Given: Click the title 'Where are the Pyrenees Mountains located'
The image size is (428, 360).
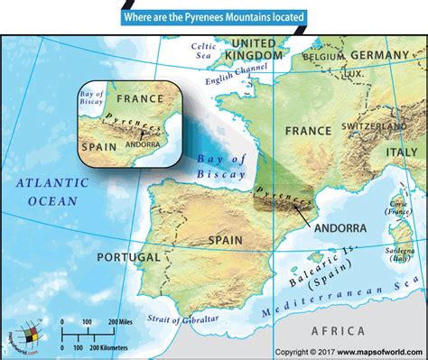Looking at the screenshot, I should [214, 16].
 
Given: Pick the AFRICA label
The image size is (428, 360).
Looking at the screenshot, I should [336, 331].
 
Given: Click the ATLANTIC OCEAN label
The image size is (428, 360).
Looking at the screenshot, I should [52, 189].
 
